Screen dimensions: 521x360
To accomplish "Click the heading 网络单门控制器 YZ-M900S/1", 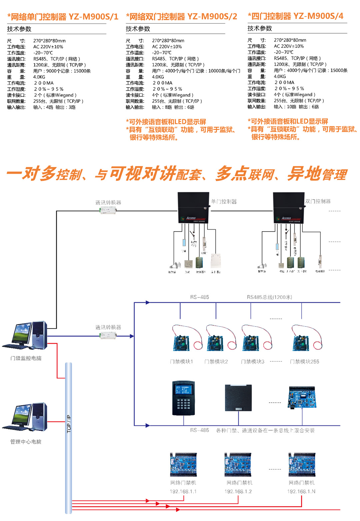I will (x=63, y=17).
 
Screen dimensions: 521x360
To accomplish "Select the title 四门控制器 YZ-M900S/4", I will (x=296, y=16).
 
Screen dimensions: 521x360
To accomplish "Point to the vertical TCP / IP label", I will (x=69, y=424).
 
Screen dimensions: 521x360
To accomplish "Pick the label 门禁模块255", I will (x=304, y=362).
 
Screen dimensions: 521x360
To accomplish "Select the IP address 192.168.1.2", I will (x=238, y=491).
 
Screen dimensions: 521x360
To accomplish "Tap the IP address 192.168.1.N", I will (x=301, y=491).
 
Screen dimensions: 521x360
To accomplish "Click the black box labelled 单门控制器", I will (x=193, y=207).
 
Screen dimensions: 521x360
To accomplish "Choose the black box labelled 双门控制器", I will (x=288, y=207).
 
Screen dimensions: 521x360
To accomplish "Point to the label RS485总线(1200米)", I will (x=269, y=297).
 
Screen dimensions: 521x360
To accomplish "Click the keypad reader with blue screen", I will (x=183, y=398).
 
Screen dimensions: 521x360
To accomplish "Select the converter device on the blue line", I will (x=108, y=335).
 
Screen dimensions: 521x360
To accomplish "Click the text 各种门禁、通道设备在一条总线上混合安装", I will (x=265, y=430).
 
